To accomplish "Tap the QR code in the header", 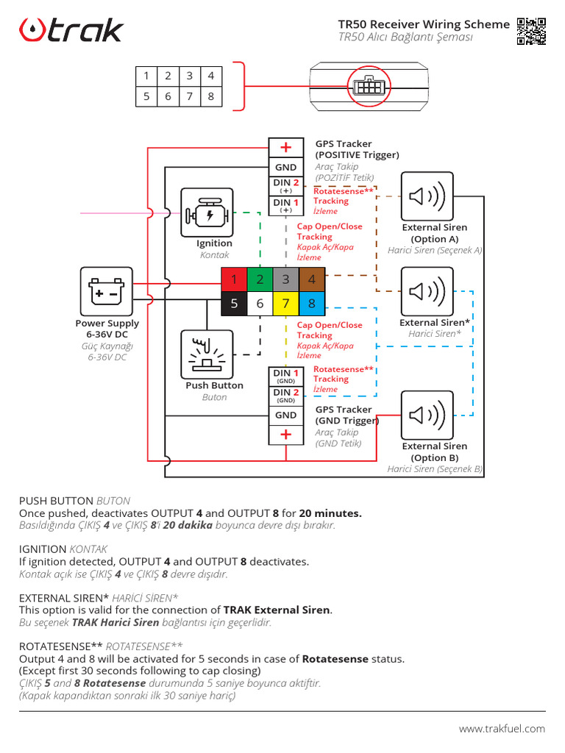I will click(531, 31).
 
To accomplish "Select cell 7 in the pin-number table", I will click(189, 96).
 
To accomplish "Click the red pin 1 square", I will click(234, 279).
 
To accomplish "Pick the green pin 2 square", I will click(260, 279).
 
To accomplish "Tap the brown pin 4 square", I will click(312, 279).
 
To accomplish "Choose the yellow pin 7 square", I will click(285, 303).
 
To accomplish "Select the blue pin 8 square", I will click(312, 303).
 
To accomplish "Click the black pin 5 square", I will click(234, 303).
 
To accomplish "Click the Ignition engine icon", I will click(207, 213).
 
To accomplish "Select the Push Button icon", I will click(207, 354).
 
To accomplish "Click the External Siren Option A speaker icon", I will click(427, 196).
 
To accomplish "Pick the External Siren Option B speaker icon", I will click(427, 415).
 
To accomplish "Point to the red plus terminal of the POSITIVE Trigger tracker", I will click(285, 148).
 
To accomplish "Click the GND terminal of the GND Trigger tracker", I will click(285, 415).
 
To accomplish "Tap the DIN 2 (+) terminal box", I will click(285, 185).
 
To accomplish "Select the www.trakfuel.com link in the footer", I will click(502, 729).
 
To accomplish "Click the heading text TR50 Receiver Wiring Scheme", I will click(424, 24).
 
